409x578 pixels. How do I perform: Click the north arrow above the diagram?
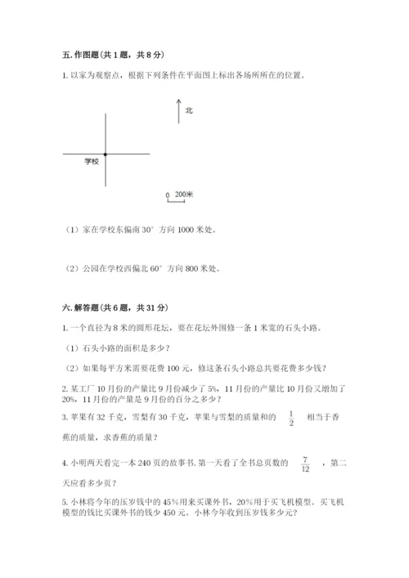178,110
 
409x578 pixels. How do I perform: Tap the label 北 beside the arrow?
189,110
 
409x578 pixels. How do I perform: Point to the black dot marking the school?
106,154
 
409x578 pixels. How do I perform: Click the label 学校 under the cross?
92,162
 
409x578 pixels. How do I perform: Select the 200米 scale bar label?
184,195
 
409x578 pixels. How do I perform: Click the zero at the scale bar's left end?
167,195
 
